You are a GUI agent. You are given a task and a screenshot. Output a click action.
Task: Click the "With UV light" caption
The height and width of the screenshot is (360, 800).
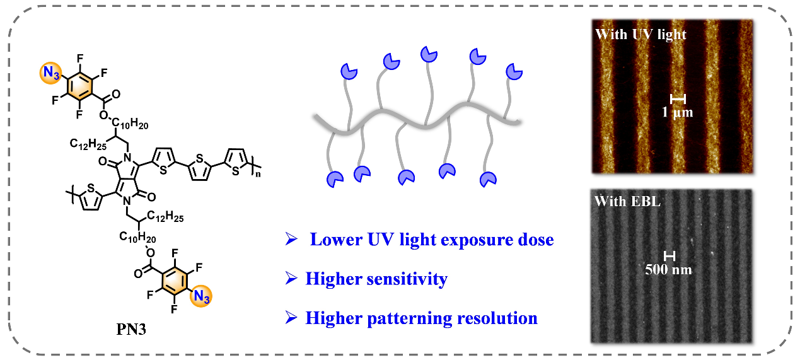pos(641,35)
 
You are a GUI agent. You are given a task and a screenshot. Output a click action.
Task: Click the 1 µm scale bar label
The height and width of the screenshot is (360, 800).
pos(678,113)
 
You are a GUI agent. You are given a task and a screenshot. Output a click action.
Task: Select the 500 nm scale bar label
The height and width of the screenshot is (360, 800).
pos(669,270)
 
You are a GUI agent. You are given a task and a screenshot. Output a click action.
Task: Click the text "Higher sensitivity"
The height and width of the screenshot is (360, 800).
pos(376,279)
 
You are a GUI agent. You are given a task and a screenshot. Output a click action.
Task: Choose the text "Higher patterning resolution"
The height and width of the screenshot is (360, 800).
pos(421,318)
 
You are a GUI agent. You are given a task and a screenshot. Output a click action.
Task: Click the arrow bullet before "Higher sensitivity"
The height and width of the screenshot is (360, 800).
pos(291,279)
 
